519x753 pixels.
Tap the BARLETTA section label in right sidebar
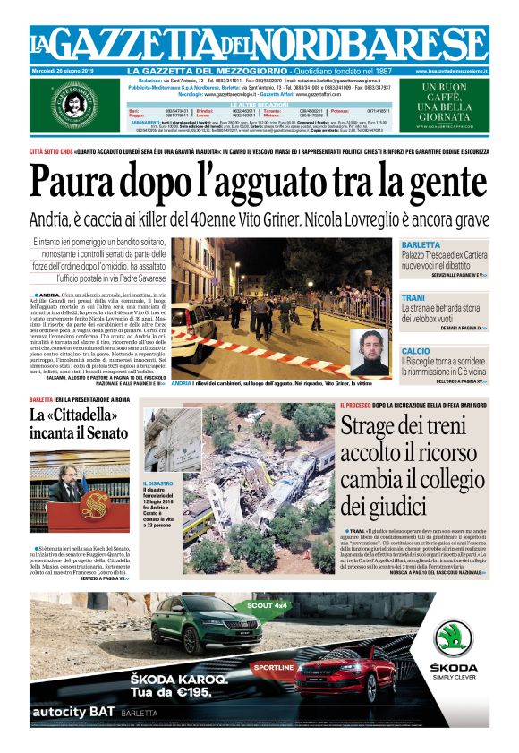[421, 244]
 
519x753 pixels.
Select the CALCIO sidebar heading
[415, 351]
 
